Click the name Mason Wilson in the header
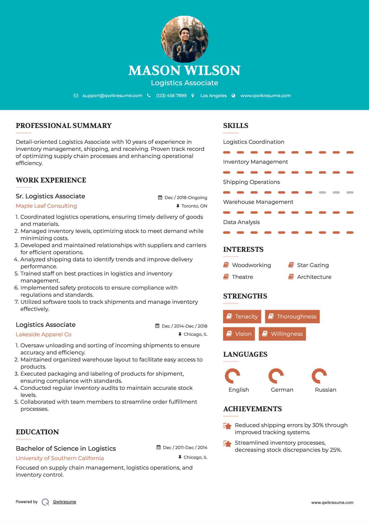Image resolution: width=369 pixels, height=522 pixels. tap(184, 70)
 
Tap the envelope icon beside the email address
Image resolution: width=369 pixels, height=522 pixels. tap(76, 96)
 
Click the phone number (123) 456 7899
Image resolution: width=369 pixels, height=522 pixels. tap(171, 96)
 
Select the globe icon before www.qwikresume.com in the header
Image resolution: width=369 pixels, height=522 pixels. tap(233, 96)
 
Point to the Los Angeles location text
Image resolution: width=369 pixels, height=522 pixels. tap(213, 96)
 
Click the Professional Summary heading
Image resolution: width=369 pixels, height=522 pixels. tap(64, 126)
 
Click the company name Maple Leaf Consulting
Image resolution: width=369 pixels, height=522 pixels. tap(46, 206)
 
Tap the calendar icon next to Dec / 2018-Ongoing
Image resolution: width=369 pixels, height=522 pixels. tap(160, 198)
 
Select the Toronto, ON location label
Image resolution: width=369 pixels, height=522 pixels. tap(194, 206)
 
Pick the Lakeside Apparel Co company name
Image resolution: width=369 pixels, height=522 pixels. tap(44, 334)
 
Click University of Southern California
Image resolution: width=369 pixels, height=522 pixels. tap(60, 458)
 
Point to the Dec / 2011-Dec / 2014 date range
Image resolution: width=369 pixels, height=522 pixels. tap(185, 448)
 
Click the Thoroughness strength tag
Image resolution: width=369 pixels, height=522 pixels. tap(292, 317)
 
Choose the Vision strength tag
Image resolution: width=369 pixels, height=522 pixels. tap(239, 334)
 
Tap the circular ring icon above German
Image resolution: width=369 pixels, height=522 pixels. tap(276, 376)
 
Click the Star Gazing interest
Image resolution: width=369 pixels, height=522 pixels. tap(313, 265)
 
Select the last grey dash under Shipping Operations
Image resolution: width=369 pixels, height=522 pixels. tap(350, 193)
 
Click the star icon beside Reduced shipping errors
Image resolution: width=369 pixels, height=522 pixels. tap(227, 426)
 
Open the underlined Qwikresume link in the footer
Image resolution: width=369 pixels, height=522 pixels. tap(65, 502)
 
